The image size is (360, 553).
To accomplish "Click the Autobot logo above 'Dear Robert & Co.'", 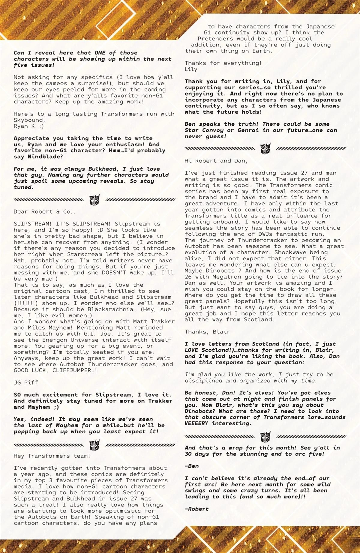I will coord(94,199).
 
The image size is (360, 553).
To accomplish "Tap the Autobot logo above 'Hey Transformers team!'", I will coord(94,444).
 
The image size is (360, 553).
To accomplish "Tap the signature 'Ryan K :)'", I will coord(28,126).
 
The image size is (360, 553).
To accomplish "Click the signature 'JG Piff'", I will coord(26,382).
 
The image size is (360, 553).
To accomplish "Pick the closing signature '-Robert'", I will coord(196,509).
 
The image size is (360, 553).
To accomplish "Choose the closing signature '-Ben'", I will coord(192,466).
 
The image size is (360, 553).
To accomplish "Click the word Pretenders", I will coord(215,39).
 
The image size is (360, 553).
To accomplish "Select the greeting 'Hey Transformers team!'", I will coord(52,456).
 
